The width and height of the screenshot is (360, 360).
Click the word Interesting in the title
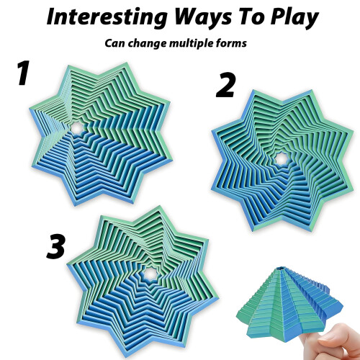click(107, 17)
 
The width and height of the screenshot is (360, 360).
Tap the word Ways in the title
click(204, 17)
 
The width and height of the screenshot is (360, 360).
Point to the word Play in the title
click(294, 18)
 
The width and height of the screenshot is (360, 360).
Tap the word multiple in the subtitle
click(192, 44)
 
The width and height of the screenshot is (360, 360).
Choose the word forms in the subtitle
click(232, 43)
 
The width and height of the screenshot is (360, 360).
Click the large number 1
click(24, 73)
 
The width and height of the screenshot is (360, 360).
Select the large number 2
click(225, 85)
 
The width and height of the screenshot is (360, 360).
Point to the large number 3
click(55, 246)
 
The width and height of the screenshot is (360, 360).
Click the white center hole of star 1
click(77, 128)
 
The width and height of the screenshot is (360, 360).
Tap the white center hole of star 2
click(280, 158)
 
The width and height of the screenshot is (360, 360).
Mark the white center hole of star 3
click(150, 274)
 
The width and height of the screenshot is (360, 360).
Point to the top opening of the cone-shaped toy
click(280, 268)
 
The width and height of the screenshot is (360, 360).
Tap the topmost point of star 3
click(158, 206)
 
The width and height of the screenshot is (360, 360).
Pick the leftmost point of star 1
click(30, 109)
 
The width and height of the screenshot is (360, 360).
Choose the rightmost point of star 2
click(354, 131)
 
